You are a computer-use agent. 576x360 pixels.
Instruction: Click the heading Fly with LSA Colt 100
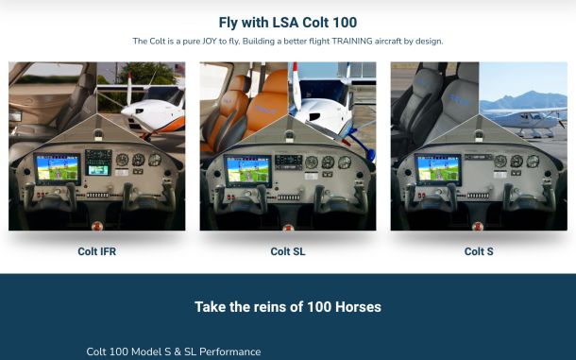[288, 23]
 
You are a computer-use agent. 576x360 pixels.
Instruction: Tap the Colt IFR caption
[97, 251]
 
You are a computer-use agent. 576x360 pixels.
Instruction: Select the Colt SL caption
[288, 251]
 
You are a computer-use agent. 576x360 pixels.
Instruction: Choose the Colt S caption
[479, 251]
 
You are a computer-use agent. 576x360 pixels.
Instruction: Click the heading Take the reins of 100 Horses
[288, 307]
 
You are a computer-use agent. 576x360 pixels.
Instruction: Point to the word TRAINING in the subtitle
[352, 42]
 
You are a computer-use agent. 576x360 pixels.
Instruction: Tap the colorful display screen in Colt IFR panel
[58, 168]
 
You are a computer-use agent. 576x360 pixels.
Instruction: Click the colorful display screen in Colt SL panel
[248, 170]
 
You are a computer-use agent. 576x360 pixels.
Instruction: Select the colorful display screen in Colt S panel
[438, 169]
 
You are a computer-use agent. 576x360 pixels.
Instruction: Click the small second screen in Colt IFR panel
[98, 170]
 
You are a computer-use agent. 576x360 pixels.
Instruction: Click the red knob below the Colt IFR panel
[97, 226]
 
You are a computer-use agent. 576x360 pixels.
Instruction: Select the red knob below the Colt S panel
[478, 226]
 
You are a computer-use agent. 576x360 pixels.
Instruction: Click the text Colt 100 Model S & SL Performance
[174, 351]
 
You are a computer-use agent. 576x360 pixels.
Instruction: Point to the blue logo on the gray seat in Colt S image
[459, 99]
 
